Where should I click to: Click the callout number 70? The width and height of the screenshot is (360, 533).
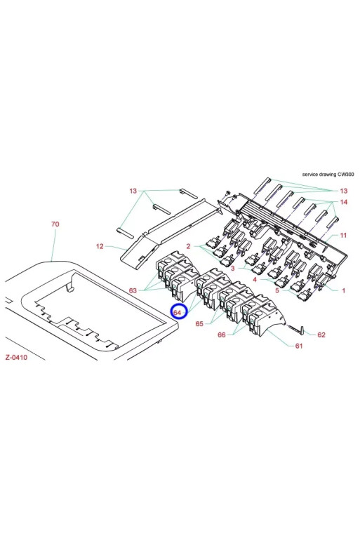click(55, 224)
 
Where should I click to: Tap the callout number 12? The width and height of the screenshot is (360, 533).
click(100, 246)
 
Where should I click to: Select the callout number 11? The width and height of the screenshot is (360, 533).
click(343, 235)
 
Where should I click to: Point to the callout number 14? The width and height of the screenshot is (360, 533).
click(344, 202)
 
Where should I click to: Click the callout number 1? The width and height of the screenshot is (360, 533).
click(344, 290)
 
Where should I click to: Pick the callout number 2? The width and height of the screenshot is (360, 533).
click(188, 246)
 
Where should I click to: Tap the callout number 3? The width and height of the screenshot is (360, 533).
click(233, 268)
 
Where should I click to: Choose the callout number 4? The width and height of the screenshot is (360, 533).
click(255, 279)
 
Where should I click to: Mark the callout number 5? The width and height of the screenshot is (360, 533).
click(277, 290)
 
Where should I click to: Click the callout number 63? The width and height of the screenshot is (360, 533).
click(133, 290)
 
